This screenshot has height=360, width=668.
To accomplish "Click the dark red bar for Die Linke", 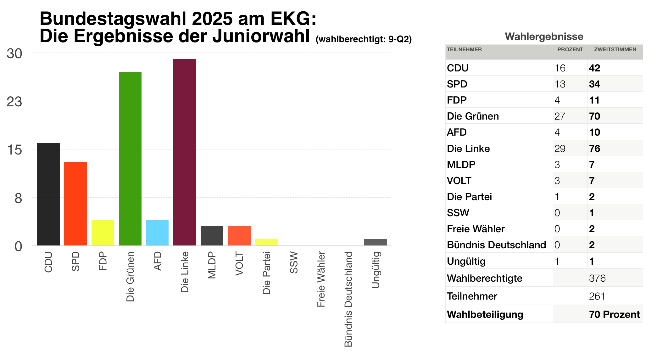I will tap(185, 152).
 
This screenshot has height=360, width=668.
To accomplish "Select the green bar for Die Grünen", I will tap(130, 159).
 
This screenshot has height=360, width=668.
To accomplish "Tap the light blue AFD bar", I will tap(157, 233).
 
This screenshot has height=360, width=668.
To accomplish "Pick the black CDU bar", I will tap(48, 194).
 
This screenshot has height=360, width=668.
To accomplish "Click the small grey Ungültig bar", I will tap(375, 242).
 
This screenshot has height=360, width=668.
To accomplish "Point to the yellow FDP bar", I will tap(103, 233).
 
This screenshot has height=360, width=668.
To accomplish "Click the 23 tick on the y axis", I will tap(14, 102).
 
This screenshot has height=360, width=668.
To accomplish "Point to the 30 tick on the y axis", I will tap(14, 54).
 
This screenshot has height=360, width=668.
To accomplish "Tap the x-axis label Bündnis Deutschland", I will tap(348, 299).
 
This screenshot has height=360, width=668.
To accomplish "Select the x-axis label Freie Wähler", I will tap(321, 279).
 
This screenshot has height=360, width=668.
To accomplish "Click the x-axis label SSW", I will tap(294, 262).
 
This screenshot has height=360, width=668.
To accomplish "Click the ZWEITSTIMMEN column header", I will tap(615, 50).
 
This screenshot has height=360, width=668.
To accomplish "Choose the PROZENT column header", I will tap(570, 50).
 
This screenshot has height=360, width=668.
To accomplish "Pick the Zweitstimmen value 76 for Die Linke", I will tap(594, 149).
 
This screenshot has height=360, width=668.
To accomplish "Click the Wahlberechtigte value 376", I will tap(597, 278).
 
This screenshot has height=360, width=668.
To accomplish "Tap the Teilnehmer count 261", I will tap(597, 296).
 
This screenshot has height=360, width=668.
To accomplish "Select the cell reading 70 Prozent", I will tap(614, 314).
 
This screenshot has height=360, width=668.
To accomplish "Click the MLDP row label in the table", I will tap(461, 165).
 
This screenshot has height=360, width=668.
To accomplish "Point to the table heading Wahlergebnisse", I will tap(544, 37).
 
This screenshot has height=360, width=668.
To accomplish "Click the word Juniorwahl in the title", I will tap(261, 36).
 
